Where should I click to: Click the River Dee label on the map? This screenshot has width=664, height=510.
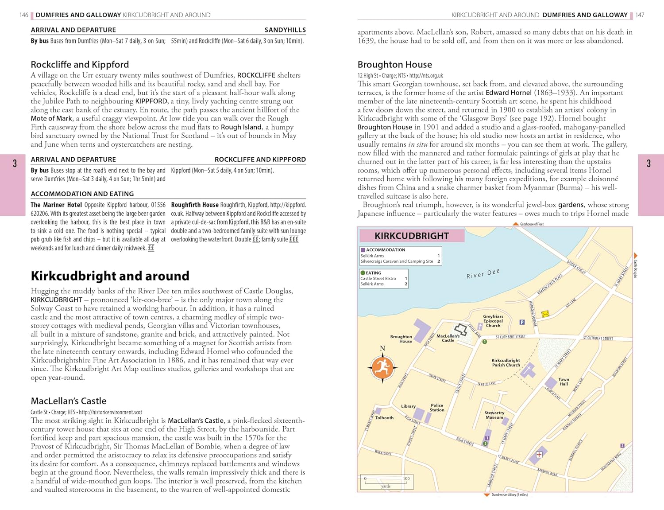pos(483,274)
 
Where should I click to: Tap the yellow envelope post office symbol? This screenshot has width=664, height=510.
pos(545,314)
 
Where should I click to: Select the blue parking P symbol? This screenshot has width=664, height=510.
pos(522,322)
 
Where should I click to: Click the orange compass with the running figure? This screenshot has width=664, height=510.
pos(382,367)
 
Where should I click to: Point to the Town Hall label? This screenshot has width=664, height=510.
pos(564,382)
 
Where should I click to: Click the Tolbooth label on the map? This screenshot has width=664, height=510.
pos(384,418)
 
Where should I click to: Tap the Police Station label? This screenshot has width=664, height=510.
pos(436,408)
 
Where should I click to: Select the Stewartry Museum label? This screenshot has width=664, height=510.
pos(494,415)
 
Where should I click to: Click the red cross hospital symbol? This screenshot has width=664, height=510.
pos(539,455)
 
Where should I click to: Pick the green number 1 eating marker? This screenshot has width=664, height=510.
pos(485,342)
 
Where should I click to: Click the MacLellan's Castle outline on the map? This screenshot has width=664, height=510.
pos(461,329)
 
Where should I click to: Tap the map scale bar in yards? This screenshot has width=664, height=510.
pos(386,482)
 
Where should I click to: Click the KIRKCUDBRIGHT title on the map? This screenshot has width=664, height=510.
pos(412,236)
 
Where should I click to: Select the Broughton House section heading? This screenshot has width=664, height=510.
pos(394,65)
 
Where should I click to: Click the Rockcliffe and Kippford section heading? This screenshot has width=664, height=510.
pos(80,65)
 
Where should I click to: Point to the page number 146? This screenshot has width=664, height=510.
pos(24,15)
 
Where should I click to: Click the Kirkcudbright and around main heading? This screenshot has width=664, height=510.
pos(110,276)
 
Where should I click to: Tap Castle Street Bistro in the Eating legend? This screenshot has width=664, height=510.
pos(378,279)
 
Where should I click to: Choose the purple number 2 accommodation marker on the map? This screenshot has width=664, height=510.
pos(622,445)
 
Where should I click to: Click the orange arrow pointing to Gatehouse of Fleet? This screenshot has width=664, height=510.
pos(516,224)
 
